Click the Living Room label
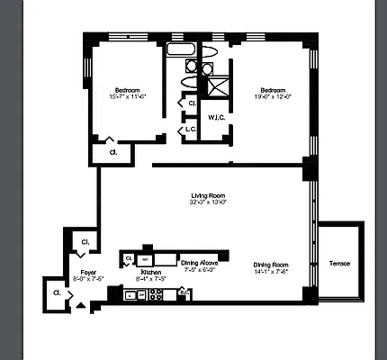[207, 195]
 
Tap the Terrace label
[339, 263]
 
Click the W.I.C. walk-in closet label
[215, 117]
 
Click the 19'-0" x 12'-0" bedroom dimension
[273, 97]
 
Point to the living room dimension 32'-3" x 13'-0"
[207, 202]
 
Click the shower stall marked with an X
[216, 87]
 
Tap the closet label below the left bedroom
[112, 152]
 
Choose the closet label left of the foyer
[56, 292]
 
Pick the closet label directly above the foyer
[85, 242]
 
